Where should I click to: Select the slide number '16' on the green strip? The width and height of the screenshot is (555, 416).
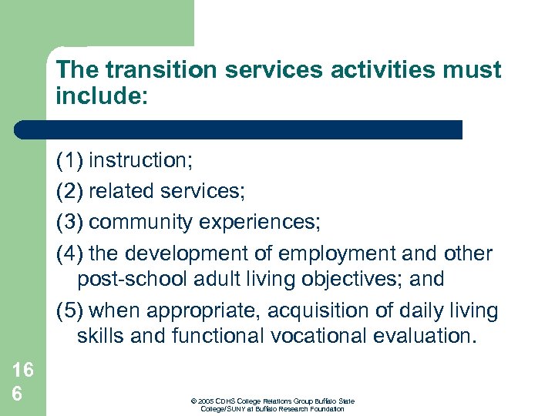coord(22,370)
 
